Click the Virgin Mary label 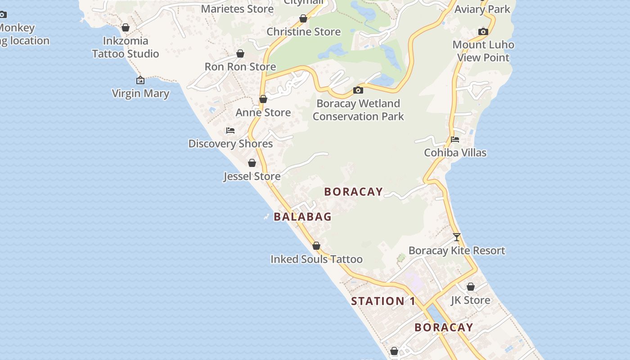point(140,94)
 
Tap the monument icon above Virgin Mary point(140,81)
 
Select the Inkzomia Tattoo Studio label point(126,47)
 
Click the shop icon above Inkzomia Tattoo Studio point(126,28)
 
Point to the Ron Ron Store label point(240,67)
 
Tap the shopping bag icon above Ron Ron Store point(240,54)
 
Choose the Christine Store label point(304,32)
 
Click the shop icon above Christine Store point(303,19)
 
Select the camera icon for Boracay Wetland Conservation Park point(358,90)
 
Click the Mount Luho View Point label point(483,51)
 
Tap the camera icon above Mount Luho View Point point(483,31)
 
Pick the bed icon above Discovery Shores point(230,131)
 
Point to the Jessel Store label point(252,176)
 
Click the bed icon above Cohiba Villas point(455,139)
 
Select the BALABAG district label point(302,217)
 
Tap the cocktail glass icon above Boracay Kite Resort point(457,237)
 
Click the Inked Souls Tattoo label point(316,259)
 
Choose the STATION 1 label point(383,301)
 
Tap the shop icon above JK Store point(471,287)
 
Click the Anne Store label point(263,112)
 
